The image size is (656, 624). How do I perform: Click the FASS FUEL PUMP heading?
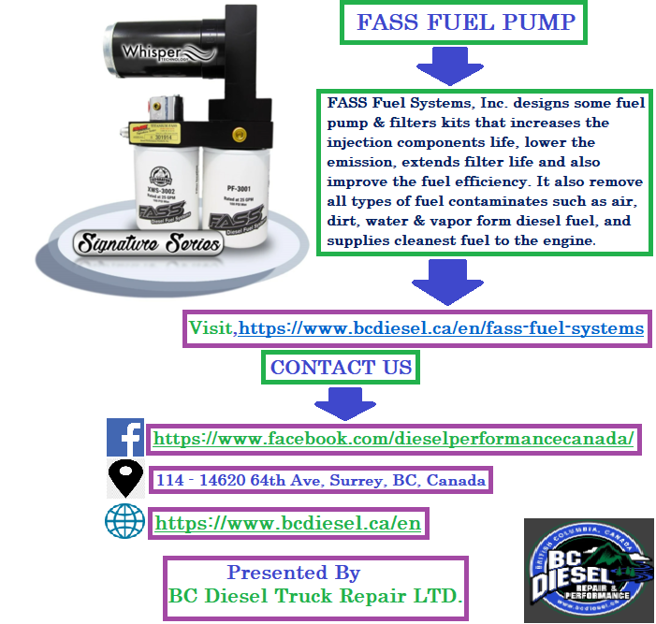point(464,22)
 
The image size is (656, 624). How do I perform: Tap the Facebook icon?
point(124,437)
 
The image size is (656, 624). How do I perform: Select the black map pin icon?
point(125,479)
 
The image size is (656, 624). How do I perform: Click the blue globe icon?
point(124,522)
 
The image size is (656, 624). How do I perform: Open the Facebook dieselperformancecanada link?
point(394,438)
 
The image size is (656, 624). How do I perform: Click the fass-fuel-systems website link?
point(442,328)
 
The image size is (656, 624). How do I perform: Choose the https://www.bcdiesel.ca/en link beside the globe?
point(288,523)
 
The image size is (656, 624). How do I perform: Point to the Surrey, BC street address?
point(321,481)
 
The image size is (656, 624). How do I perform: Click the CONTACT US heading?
point(341,368)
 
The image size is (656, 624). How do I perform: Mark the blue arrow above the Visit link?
point(446,282)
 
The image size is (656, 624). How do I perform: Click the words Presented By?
point(293,573)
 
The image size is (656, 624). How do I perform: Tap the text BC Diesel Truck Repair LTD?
point(315,595)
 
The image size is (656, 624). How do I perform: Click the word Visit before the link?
point(211,328)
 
